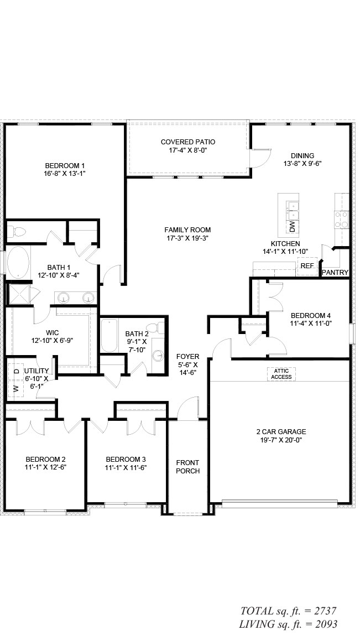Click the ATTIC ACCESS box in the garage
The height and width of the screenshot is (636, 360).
(x=281, y=374)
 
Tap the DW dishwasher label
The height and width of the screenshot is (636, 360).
(x=293, y=227)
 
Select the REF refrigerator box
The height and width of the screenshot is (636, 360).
(x=307, y=266)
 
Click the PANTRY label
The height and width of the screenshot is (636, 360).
(x=335, y=273)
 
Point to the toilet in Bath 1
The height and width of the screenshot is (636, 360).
(x=16, y=232)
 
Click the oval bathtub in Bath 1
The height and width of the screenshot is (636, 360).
(x=18, y=262)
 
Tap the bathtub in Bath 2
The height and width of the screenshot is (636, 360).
(x=109, y=336)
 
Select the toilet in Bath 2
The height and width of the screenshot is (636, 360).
(x=155, y=328)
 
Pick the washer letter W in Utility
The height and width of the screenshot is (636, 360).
(x=16, y=388)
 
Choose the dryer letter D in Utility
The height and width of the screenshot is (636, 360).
(x=16, y=371)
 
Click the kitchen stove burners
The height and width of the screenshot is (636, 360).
(x=341, y=220)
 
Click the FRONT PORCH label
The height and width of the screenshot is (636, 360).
(x=187, y=467)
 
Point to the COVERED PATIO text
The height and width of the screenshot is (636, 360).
(x=188, y=142)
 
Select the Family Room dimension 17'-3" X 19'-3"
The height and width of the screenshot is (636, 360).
(x=187, y=238)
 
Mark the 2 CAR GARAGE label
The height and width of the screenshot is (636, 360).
(x=281, y=431)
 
